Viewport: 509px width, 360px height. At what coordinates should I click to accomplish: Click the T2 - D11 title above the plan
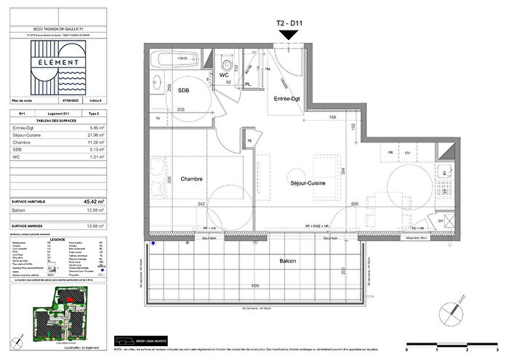pyautogui.click(x=289, y=23)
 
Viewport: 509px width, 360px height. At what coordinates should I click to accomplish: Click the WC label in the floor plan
pyautogui.click(x=224, y=75)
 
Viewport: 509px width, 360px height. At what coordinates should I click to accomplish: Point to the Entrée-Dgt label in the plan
pyautogui.click(x=287, y=98)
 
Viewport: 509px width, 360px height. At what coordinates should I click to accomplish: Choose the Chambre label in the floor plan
pyautogui.click(x=192, y=178)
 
